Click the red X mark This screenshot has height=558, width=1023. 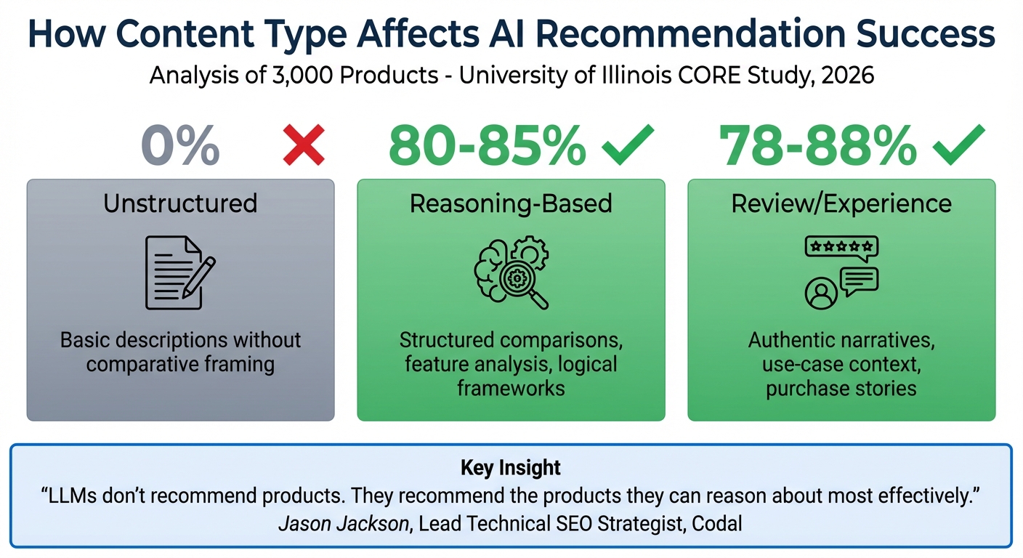[x=303, y=145]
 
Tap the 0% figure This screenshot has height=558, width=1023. [x=180, y=145]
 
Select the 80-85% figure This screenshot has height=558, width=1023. [x=486, y=145]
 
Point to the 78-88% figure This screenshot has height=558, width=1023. [x=817, y=145]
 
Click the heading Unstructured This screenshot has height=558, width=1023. [x=180, y=203]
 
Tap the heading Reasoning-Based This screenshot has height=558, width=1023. [x=511, y=204]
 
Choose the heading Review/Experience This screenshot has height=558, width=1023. [x=841, y=203]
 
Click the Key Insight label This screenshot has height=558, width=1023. [x=511, y=468]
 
